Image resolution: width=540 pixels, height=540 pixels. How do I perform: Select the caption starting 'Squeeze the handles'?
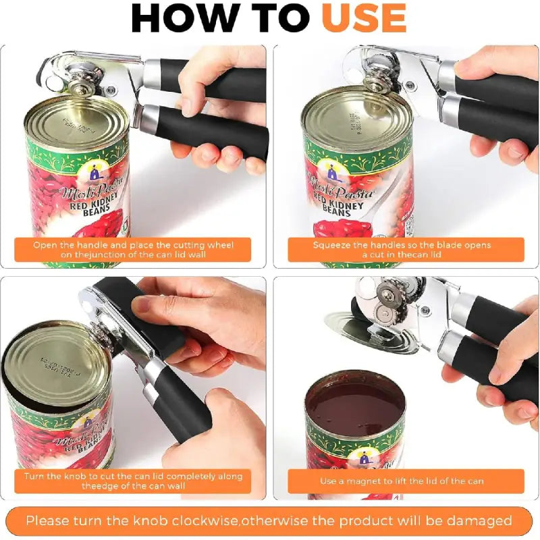click(402, 250)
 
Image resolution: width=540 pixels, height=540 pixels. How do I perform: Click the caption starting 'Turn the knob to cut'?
click(133, 481)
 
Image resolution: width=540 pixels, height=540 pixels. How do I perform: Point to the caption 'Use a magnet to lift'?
click(402, 481)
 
